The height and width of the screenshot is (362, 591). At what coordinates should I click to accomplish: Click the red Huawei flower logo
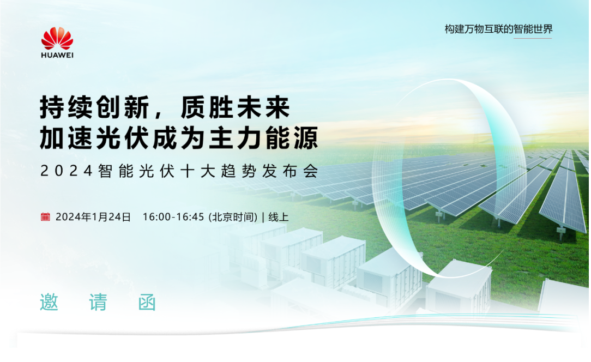(x=57, y=38)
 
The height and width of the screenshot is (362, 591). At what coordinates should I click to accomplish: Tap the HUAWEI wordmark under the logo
(x=57, y=55)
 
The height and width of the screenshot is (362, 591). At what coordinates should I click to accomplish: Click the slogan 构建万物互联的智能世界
(x=499, y=29)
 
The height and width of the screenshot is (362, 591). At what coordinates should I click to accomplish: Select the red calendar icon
(x=45, y=216)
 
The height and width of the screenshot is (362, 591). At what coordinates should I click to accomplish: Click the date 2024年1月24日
(x=93, y=217)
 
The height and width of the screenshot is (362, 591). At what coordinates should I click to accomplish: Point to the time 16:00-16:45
(x=173, y=217)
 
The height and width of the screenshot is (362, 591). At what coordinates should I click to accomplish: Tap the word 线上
(x=279, y=217)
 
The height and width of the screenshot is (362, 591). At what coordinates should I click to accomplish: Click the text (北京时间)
(x=233, y=217)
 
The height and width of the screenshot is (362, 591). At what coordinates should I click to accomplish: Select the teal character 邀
(x=50, y=302)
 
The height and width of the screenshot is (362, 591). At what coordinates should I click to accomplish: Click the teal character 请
(x=98, y=302)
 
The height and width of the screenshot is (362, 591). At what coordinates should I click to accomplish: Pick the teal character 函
(x=147, y=302)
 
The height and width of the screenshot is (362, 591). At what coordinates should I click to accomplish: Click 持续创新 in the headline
(x=95, y=107)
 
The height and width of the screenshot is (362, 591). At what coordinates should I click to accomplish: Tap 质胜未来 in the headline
(x=236, y=107)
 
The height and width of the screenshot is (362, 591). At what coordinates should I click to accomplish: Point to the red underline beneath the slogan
(x=533, y=38)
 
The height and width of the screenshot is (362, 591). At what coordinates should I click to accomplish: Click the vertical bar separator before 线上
(x=263, y=217)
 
